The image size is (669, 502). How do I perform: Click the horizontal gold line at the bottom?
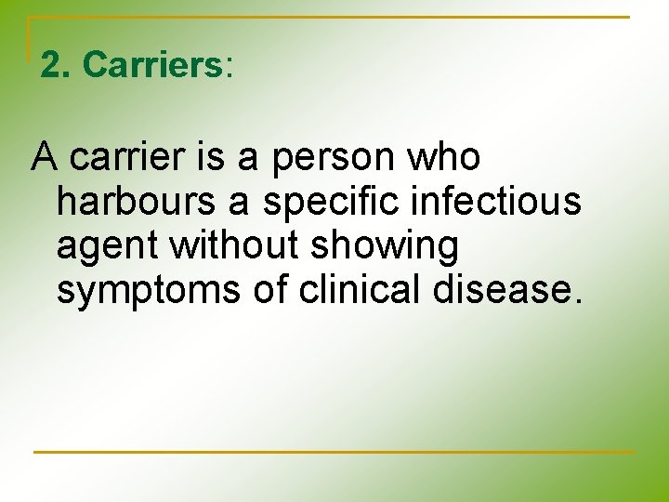[x=334, y=453]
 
